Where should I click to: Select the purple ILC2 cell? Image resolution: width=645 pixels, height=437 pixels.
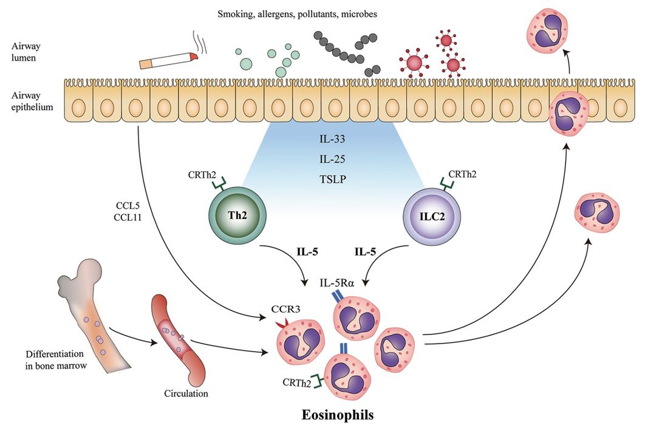431,217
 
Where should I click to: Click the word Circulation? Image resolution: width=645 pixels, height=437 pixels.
186,393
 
